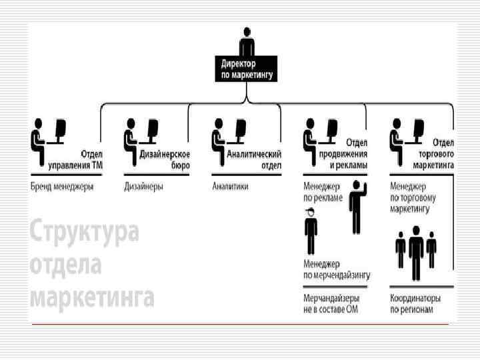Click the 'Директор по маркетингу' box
[x=247, y=69]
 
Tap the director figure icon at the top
[x=247, y=43]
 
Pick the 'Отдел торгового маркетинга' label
[x=433, y=155]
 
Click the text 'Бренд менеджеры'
[x=62, y=187]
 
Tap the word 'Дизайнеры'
[x=143, y=187]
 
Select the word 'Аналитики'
[x=230, y=187]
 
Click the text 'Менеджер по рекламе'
[x=323, y=193]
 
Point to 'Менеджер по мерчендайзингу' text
[x=337, y=269]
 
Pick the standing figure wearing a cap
[x=311, y=231]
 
